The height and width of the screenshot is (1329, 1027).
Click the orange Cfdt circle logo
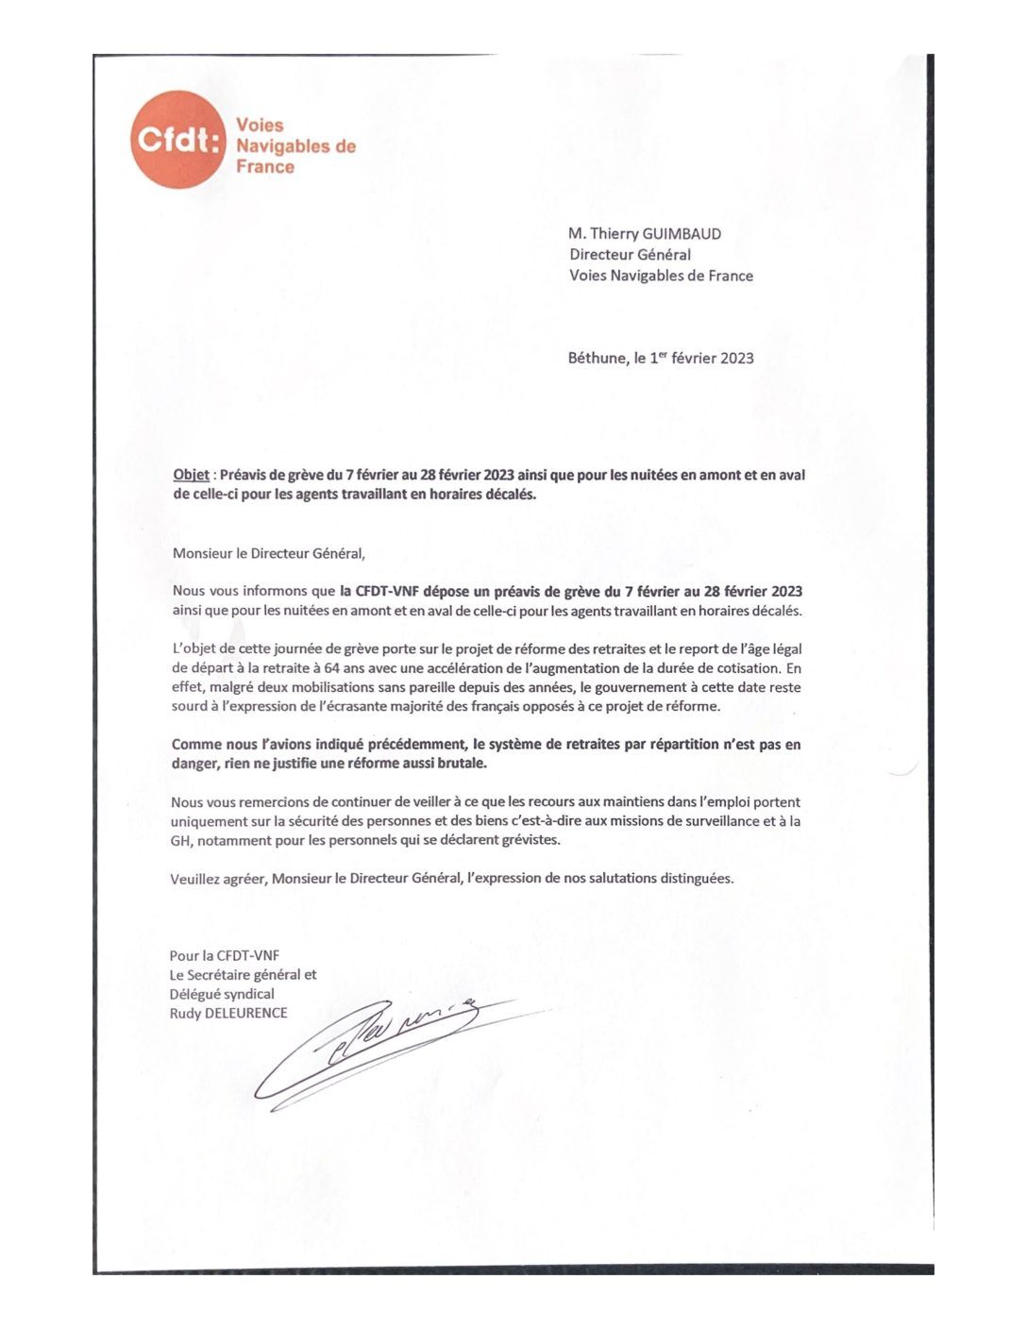click(x=177, y=140)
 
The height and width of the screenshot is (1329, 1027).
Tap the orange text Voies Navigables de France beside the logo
click(x=295, y=146)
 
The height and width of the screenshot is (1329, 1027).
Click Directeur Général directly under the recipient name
click(x=630, y=255)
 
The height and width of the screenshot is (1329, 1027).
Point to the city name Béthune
click(x=597, y=359)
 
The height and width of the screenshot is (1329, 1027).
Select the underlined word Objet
click(x=192, y=475)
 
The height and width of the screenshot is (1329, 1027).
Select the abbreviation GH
click(x=180, y=840)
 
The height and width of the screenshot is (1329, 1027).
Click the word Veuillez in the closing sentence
click(x=194, y=879)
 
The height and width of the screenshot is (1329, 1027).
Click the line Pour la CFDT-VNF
click(x=225, y=956)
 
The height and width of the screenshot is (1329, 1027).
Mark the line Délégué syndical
click(x=222, y=994)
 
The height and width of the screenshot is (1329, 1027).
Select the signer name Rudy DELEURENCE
click(x=228, y=1014)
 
